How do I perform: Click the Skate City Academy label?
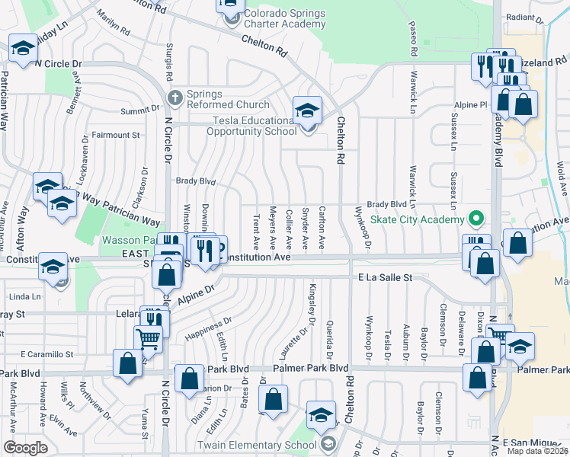coord(418,219)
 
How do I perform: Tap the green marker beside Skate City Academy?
coord(476,219)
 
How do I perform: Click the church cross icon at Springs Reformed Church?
coord(175,97)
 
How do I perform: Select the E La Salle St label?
coord(385,279)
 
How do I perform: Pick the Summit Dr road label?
coord(136,111)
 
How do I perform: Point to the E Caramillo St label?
coord(47,354)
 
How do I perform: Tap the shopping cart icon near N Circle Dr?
coord(148,338)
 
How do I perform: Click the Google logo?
coord(25,448)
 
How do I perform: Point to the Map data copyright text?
coord(536,451)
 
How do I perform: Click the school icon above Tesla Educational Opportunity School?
coord(307,111)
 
